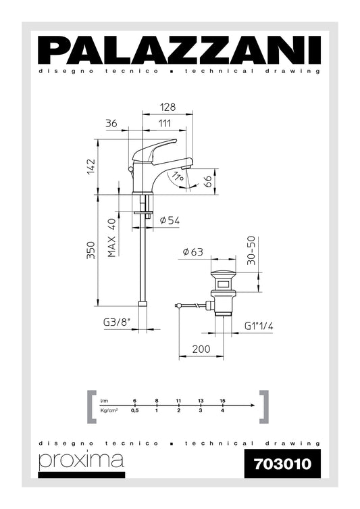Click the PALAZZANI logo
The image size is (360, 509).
pos(179,50)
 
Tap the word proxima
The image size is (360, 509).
pos(81,460)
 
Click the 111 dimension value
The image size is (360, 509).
pos(164,122)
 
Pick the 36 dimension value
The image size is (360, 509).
pos(112,122)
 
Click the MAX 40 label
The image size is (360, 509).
pos(112,237)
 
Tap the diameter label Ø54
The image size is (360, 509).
pos(170,220)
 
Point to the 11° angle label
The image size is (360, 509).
pos(178,177)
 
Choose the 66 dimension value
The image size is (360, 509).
pos(209,180)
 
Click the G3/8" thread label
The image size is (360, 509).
pos(116,322)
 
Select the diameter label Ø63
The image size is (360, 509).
pos(193,252)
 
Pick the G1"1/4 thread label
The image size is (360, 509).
pos(259,325)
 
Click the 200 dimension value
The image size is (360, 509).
pos(200,349)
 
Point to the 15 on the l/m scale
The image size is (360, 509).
pos(222,400)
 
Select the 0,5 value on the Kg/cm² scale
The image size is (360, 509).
pos(135,410)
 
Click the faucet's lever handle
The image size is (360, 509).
pos(157,147)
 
